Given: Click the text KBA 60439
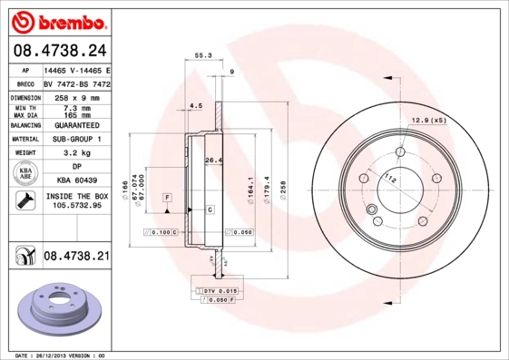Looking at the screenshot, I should tap(75, 182).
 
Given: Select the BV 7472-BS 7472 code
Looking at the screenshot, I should tap(76, 82).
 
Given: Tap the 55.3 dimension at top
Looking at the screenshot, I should tap(204, 56).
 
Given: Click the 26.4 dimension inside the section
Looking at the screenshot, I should tap(213, 161).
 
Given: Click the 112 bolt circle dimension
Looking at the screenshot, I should tap(390, 179).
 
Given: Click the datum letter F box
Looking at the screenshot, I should tap(168, 196).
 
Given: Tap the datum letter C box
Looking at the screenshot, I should tap(210, 209).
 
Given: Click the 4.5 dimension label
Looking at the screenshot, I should tap(195, 106).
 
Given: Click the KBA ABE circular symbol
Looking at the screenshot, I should tap(25, 174).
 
